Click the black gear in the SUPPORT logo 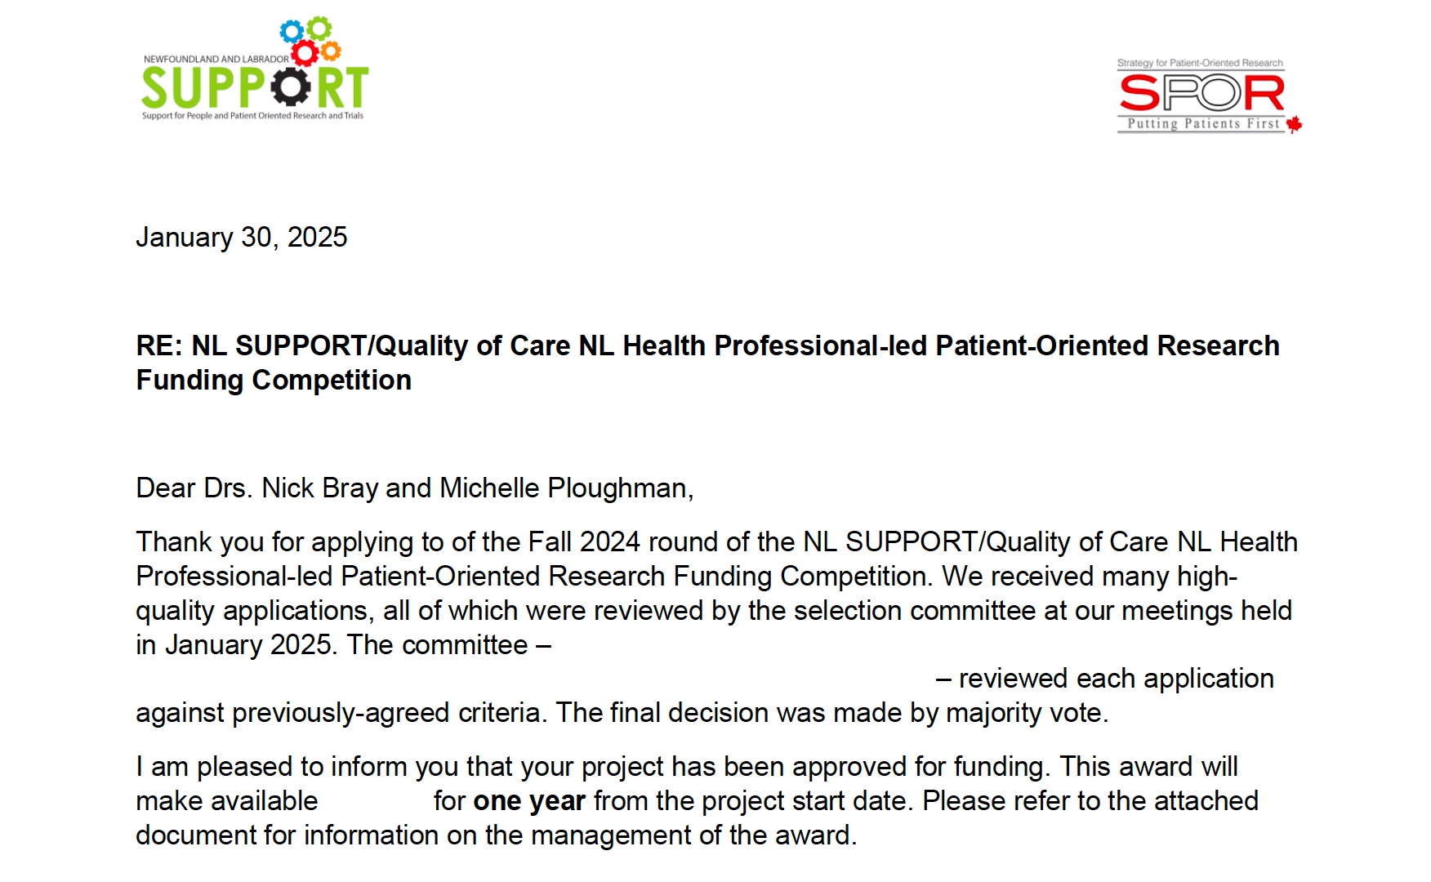[291, 87]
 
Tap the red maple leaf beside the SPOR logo [1294, 124]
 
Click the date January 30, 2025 [242, 238]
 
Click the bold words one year [529, 801]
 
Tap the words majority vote [1026, 713]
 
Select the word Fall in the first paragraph [550, 542]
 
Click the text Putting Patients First [1202, 124]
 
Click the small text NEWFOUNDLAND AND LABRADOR [216, 60]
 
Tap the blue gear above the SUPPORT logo [292, 33]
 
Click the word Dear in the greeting [166, 488]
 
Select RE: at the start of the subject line [159, 346]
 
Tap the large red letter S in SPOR [1140, 93]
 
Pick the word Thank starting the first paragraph [173, 542]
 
